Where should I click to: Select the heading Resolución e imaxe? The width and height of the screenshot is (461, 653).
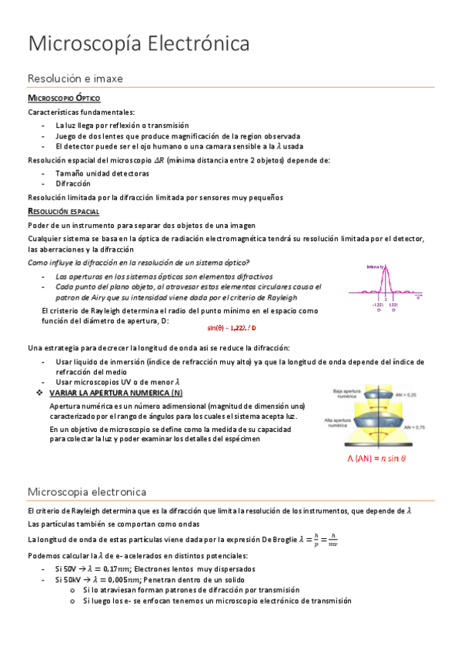[75, 79]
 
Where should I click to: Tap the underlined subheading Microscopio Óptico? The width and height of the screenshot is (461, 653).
[63, 99]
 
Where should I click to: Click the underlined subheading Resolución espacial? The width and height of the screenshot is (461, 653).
[63, 211]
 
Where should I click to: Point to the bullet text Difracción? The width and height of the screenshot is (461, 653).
[73, 184]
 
